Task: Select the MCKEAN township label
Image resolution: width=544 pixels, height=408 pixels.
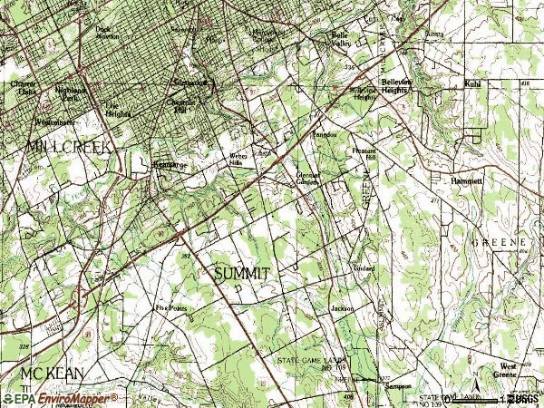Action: pos(35,374)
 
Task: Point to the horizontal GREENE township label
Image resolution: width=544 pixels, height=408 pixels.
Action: pos(499,243)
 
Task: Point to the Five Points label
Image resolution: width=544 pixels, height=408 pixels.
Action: pos(170,308)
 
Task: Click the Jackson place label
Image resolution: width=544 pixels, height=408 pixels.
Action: pos(342,308)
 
